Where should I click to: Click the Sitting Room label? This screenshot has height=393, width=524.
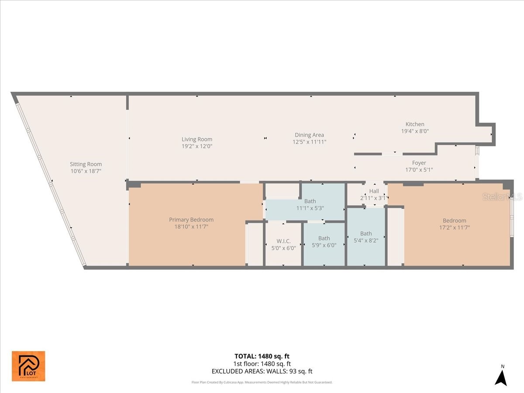click(86, 164)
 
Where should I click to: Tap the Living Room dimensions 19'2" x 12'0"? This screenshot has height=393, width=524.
click(197, 146)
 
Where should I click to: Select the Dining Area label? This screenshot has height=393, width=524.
click(309, 135)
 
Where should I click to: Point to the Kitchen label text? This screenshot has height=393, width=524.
click(415, 124)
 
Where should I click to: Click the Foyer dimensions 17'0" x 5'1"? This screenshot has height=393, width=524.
click(419, 170)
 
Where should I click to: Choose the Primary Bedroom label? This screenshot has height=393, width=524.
click(191, 220)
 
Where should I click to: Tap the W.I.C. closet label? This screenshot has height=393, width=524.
click(283, 241)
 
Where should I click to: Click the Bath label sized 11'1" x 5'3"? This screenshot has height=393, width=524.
click(310, 201)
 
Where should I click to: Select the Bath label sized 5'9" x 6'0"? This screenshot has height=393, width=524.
click(324, 238)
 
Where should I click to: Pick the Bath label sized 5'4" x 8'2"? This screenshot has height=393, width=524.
click(366, 234)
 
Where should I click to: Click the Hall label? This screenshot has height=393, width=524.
click(374, 191)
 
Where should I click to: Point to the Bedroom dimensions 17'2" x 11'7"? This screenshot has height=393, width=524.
click(454, 228)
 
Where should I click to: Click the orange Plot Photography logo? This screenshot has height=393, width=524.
click(28, 366)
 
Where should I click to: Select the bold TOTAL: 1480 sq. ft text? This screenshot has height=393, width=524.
click(262, 356)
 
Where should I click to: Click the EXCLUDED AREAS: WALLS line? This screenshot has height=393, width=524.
click(262, 372)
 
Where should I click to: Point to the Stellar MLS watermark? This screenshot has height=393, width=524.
click(502, 197)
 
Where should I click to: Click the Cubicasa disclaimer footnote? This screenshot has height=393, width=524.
click(262, 382)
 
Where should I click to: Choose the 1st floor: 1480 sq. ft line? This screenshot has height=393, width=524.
click(262, 364)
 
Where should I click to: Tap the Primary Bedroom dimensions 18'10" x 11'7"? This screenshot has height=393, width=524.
click(191, 227)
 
